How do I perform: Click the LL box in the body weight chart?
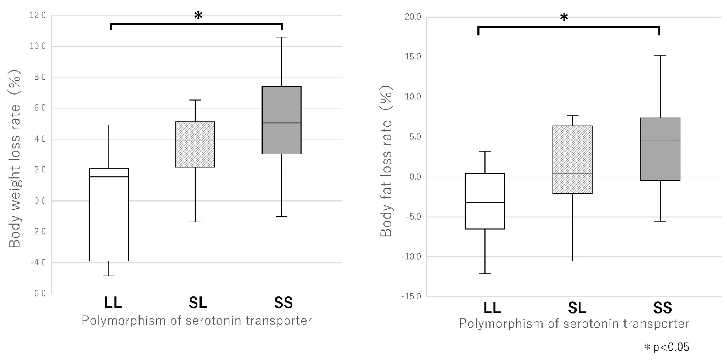[109, 215]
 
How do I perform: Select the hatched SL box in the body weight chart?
[195, 144]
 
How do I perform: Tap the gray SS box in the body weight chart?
[282, 120]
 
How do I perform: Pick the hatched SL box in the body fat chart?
[572, 160]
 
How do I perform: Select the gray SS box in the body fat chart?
[660, 149]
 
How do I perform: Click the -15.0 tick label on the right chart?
[411, 297]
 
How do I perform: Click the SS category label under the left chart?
[283, 303]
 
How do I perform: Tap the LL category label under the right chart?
[492, 307]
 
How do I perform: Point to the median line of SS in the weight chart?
[282, 123]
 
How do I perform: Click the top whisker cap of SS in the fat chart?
[660, 55]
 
